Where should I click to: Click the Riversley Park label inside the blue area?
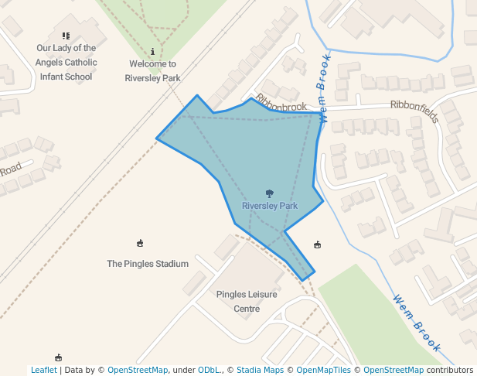[269, 206]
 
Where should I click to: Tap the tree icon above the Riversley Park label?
[269, 193]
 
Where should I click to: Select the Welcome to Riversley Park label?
[152, 71]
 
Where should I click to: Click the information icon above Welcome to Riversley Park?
[153, 51]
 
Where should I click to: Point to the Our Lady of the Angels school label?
[66, 62]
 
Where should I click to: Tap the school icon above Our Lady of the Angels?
[66, 36]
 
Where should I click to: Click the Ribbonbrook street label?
[281, 103]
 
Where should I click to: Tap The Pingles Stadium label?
[148, 264]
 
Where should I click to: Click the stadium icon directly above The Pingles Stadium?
[140, 244]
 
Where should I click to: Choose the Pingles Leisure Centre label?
[247, 302]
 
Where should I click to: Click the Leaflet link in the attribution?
[43, 370]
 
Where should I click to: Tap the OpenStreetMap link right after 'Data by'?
[138, 370]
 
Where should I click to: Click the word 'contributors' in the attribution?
[450, 370]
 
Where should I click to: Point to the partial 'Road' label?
[10, 169]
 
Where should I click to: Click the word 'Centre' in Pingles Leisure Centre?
[247, 309]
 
